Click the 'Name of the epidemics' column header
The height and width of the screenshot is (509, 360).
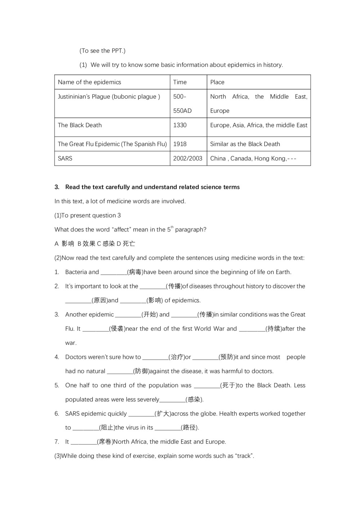pos(89,82)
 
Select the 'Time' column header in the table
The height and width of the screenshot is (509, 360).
pos(180,82)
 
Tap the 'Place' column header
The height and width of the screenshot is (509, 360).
pos(217,82)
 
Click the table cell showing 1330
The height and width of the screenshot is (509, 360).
pos(180,125)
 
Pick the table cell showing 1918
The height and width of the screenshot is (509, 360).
pos(180,144)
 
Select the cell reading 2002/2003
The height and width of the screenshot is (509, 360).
pos(188,158)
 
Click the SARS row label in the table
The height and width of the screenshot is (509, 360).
pos(65,158)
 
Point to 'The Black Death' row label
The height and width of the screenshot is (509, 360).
pos(80,125)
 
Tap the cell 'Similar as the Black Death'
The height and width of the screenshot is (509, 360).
pos(245,144)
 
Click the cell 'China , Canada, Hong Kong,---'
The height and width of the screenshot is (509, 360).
pos(253,158)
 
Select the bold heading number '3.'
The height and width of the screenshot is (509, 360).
pos(57,187)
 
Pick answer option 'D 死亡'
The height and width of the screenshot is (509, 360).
pos(126,244)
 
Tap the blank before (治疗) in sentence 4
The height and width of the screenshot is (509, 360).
pos(155,357)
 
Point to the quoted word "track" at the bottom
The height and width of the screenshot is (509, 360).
pos(244,456)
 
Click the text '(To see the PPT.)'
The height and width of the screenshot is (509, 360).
pos(102,51)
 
